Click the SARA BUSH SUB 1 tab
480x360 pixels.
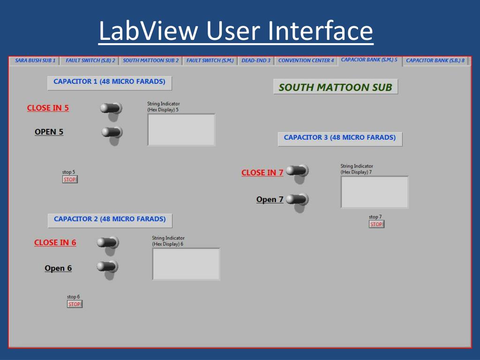35,60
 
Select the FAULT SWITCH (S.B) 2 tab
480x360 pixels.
90,60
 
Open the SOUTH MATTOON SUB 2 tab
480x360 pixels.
150,60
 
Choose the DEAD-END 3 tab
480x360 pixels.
256,60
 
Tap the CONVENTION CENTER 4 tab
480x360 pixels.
306,60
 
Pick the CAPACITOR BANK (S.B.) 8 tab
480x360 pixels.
435,60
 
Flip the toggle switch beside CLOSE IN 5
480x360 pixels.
111,108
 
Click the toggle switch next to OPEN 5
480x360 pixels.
112,132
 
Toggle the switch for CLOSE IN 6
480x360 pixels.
108,242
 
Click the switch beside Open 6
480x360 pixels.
107,267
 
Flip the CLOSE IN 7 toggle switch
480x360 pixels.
297,171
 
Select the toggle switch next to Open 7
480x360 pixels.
297,199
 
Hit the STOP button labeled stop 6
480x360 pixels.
75,304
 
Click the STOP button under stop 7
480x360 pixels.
376,225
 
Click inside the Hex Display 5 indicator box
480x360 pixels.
181,130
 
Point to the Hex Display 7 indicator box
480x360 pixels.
375,192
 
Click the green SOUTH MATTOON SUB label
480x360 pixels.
335,87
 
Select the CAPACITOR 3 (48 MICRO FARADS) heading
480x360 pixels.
340,138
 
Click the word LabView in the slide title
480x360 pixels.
149,31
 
